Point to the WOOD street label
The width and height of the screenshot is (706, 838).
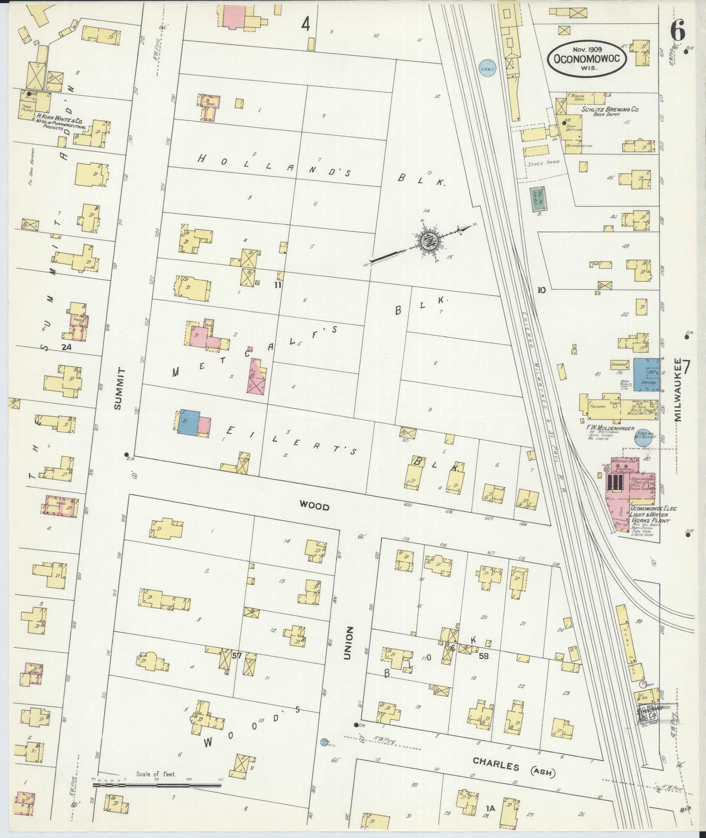[314, 507]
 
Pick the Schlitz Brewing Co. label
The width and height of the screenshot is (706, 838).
[610, 110]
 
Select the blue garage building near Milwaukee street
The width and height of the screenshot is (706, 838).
[645, 375]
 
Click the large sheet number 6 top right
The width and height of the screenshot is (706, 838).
[677, 32]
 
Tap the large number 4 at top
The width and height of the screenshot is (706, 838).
[306, 24]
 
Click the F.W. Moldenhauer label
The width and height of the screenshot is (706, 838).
[610, 428]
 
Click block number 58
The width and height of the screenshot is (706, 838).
[483, 656]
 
